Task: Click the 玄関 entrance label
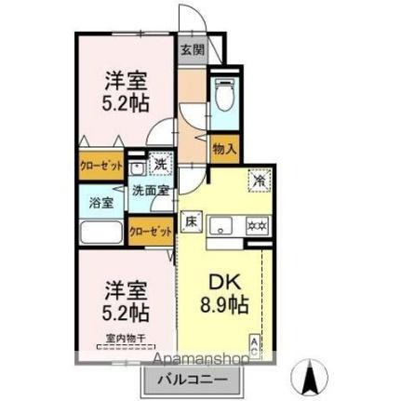pos(192,50)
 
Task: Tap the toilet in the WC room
pos(223,95)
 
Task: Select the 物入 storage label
pos(224,147)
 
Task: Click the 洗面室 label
pos(150,191)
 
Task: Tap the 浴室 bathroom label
pos(100,200)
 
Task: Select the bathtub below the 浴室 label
pos(100,234)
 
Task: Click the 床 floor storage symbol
pos(190,221)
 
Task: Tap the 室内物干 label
pos(124,340)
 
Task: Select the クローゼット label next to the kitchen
pos(150,233)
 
